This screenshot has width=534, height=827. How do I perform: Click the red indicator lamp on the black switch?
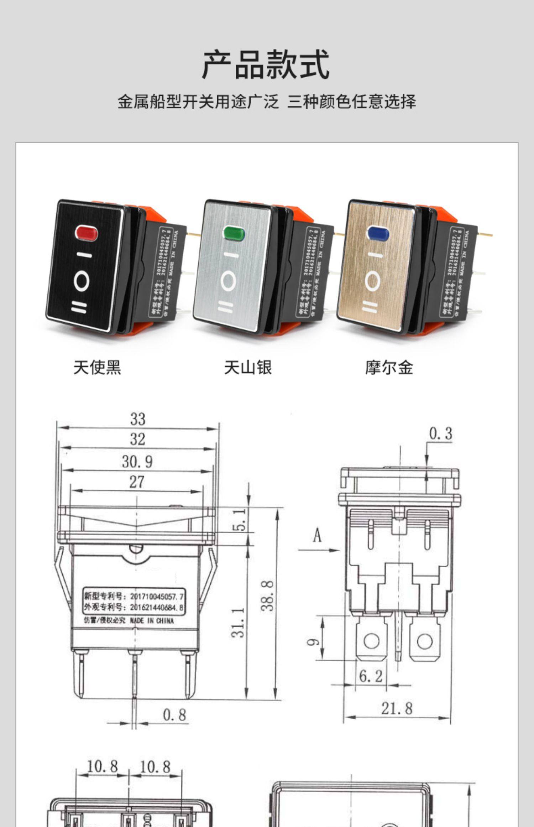click(x=87, y=233)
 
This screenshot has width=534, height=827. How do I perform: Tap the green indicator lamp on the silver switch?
click(x=234, y=233)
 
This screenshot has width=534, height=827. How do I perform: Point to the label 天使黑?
click(x=97, y=367)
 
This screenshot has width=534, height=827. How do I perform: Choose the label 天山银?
click(x=248, y=367)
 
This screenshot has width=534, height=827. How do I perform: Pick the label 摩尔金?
click(x=389, y=367)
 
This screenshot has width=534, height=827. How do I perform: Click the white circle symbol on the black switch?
click(x=82, y=281)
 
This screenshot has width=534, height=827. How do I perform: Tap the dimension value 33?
click(x=138, y=419)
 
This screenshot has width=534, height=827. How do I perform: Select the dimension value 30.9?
click(x=137, y=462)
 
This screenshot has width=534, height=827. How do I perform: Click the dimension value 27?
click(x=137, y=482)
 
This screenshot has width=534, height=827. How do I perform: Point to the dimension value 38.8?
click(x=268, y=595)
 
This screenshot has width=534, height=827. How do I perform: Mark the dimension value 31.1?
click(x=240, y=622)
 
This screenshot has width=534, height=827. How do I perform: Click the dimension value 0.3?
click(x=440, y=433)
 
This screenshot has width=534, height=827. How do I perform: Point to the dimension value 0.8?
click(x=174, y=715)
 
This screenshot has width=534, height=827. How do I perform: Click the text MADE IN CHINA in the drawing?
click(x=152, y=621)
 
